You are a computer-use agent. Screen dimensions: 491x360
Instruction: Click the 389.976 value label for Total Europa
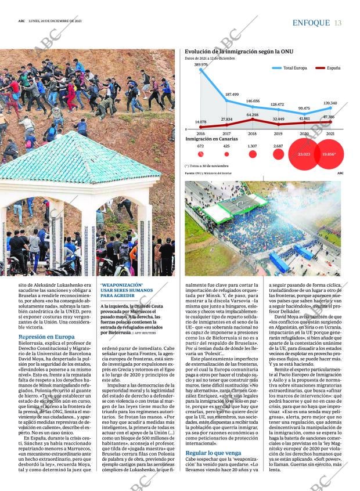pyautogui.click(x=201, y=64)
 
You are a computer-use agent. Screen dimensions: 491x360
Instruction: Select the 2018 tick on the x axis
pyautogui.click(x=253, y=133)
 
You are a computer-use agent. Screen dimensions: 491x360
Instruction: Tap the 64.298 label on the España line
pyautogui.click(x=253, y=115)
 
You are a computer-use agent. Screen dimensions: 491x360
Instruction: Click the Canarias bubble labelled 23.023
pyautogui.click(x=304, y=154)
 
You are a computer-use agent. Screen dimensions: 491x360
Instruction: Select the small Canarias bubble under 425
pyautogui.click(x=226, y=154)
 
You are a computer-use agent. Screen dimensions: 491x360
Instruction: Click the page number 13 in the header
pyautogui.click(x=338, y=23)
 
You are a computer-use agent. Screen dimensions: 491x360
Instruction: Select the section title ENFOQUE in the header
pyautogui.click(x=311, y=23)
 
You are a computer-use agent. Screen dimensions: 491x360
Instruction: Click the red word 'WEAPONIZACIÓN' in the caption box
pyautogui.click(x=121, y=285)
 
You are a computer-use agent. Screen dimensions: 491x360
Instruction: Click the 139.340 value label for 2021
pyautogui.click(x=330, y=103)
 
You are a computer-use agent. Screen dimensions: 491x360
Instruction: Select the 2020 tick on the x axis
pyautogui.click(x=304, y=133)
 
